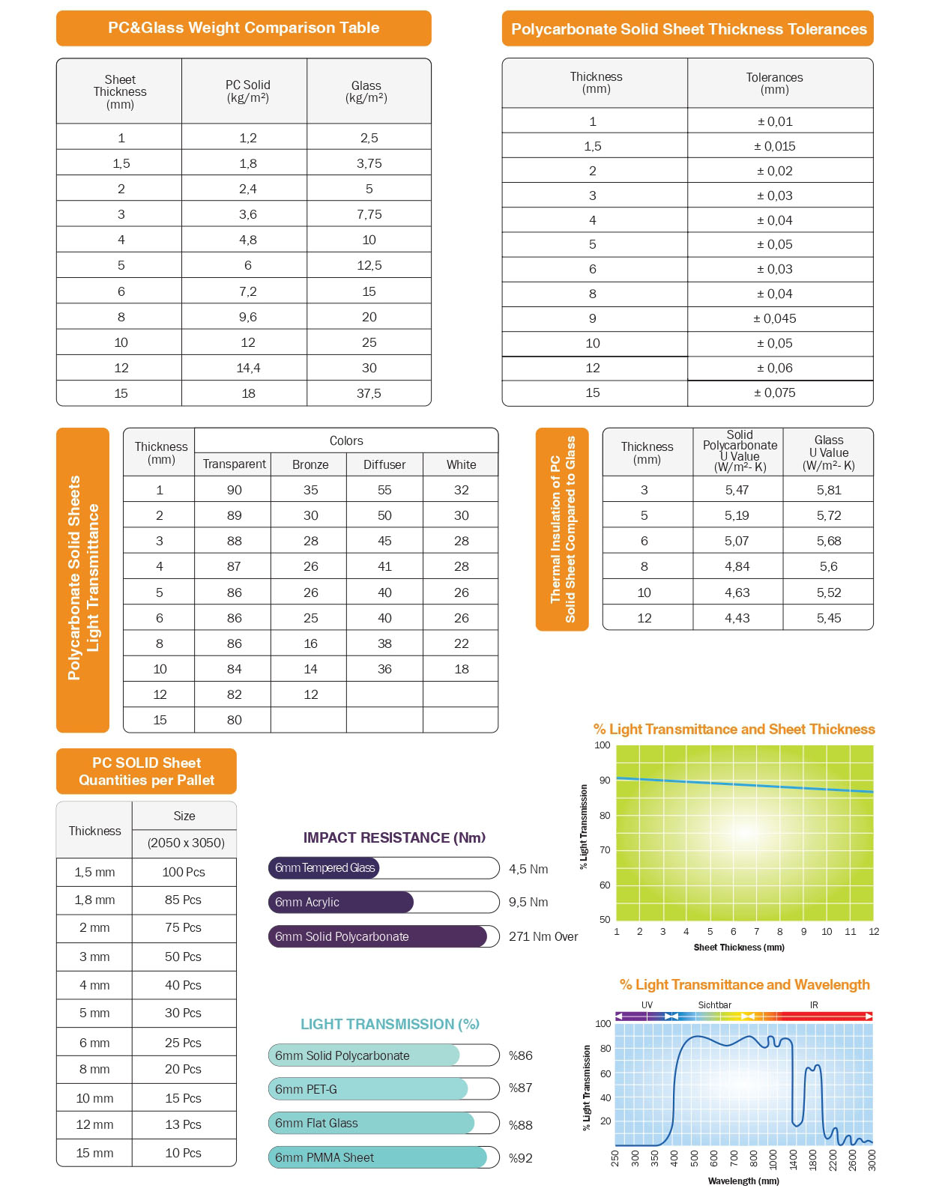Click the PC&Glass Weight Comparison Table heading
pyautogui.click(x=244, y=28)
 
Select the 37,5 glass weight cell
pyautogui.click(x=369, y=393)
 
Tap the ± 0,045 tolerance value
pyautogui.click(x=775, y=318)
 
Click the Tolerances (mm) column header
pyautogui.click(x=774, y=83)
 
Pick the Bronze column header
pyautogui.click(x=310, y=464)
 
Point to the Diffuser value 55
pyautogui.click(x=384, y=490)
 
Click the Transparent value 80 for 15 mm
pyautogui.click(x=235, y=720)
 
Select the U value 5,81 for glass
pyautogui.click(x=829, y=490)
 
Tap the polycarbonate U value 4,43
pyautogui.click(x=737, y=618)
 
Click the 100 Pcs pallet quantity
pyautogui.click(x=184, y=872)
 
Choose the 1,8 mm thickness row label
pyautogui.click(x=94, y=900)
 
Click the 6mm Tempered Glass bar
pyautogui.click(x=324, y=868)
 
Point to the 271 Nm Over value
pyautogui.click(x=543, y=936)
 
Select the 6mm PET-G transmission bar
pyautogui.click(x=368, y=1089)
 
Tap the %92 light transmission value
pyautogui.click(x=521, y=1158)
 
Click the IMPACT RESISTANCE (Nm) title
pyautogui.click(x=394, y=837)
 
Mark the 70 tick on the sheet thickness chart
pyautogui.click(x=605, y=850)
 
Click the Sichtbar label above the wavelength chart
pyautogui.click(x=714, y=1005)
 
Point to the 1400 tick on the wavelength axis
pyautogui.click(x=794, y=1160)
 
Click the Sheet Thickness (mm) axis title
pyautogui.click(x=739, y=948)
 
